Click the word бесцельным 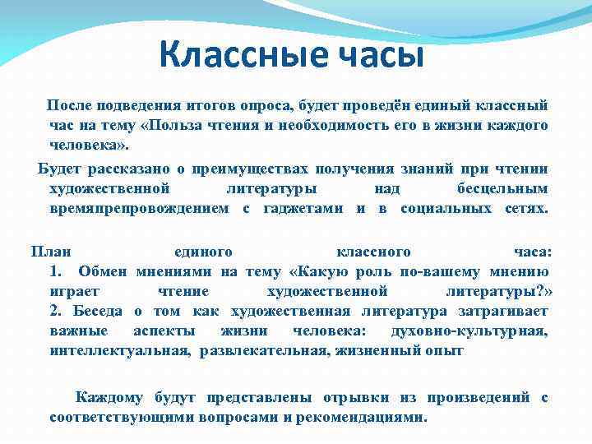[x=502, y=189]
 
